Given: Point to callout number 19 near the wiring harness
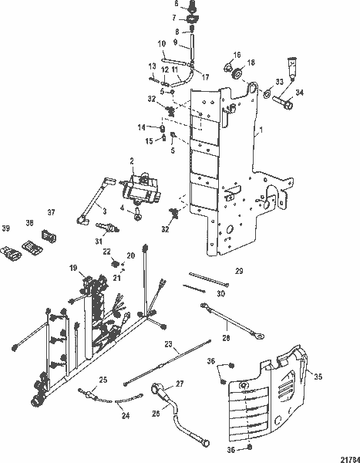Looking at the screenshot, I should [x=72, y=268].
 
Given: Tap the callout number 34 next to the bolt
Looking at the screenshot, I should [x=300, y=93].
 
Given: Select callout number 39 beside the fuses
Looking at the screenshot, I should [x=5, y=229].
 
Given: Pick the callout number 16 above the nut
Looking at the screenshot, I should [x=238, y=56].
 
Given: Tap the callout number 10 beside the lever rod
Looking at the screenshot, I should [x=163, y=42].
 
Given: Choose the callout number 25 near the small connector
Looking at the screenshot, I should [x=103, y=379].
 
